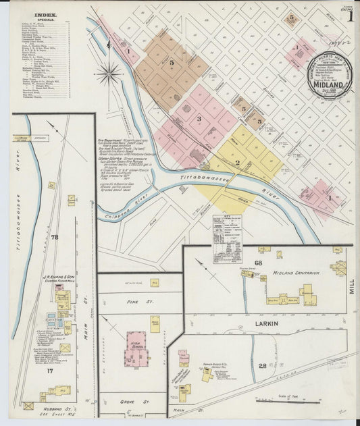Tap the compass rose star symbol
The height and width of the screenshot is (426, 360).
pyautogui.click(x=108, y=72)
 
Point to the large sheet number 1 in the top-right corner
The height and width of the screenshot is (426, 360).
pyautogui.click(x=350, y=16)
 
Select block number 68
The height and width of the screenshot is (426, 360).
pyautogui.click(x=258, y=262)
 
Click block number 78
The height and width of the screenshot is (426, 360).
pyautogui.click(x=55, y=237)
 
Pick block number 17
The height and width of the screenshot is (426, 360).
pyautogui.click(x=49, y=371)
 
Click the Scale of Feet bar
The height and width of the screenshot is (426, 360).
pyautogui.click(x=288, y=401)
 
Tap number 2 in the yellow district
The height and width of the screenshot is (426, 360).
pyautogui.click(x=237, y=163)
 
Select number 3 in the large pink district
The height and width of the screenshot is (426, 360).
pyautogui.click(x=199, y=119)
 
